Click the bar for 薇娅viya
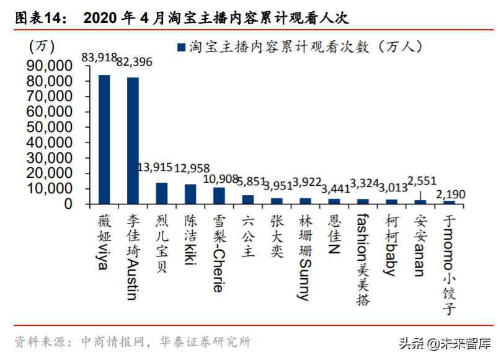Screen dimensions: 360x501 [x=104, y=139]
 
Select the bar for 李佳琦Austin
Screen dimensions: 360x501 [x=133, y=141]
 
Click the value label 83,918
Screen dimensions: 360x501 [x=99, y=58]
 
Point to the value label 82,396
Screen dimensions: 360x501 [x=134, y=62]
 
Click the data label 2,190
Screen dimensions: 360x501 [x=451, y=195]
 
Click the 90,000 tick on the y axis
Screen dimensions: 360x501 [x=51, y=66]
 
